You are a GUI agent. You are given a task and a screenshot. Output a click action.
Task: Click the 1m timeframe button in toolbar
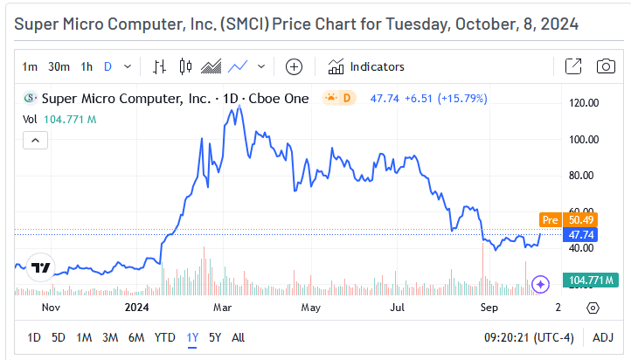tap(30, 66)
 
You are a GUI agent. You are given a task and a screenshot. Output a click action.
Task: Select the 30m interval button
tap(59, 66)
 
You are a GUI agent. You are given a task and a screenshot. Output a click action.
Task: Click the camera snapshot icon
tap(605, 66)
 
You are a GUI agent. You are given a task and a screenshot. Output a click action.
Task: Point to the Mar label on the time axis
tap(222, 308)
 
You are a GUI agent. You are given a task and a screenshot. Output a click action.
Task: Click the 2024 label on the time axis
tap(137, 308)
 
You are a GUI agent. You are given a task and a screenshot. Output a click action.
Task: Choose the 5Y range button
tap(215, 337)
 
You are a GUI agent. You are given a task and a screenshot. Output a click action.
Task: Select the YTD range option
tap(164, 337)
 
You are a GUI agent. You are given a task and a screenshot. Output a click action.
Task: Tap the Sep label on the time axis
tap(488, 308)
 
